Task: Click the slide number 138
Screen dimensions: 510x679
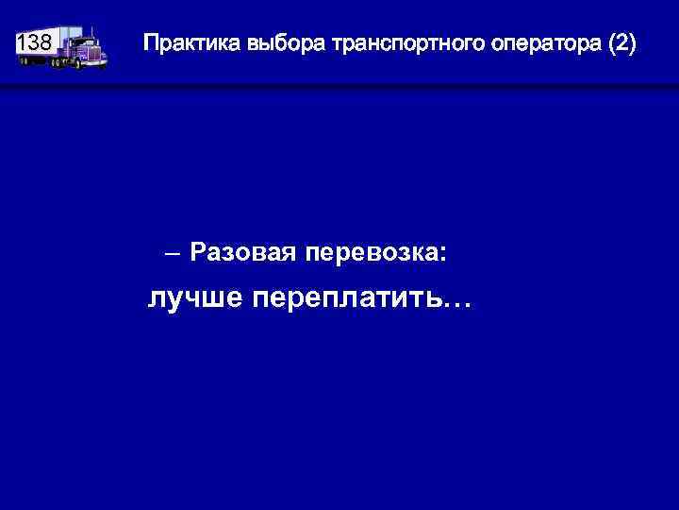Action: (35, 42)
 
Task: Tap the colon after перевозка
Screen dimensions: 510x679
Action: (443, 254)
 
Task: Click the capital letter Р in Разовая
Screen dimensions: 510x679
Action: (197, 252)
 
